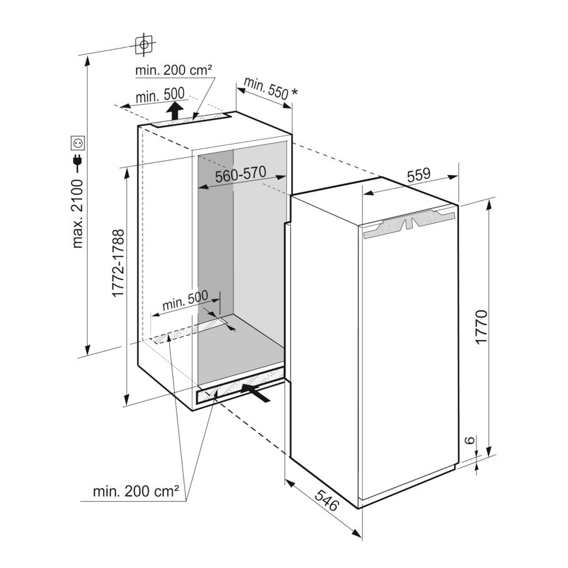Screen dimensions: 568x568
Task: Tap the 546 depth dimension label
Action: click(x=326, y=500)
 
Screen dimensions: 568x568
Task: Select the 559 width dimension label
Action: click(x=418, y=175)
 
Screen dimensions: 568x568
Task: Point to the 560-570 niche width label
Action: click(x=240, y=174)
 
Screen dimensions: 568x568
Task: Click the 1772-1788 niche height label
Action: click(x=118, y=263)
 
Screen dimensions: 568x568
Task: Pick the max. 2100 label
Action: click(x=78, y=213)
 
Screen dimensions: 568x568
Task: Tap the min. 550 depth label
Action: click(x=266, y=88)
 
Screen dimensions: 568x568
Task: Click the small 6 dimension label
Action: click(x=470, y=440)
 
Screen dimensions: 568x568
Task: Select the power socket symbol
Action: click(x=78, y=143)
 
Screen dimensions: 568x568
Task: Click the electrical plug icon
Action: click(x=78, y=163)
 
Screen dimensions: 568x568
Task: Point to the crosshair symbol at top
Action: click(x=144, y=45)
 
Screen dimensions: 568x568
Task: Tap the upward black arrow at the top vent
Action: click(x=175, y=110)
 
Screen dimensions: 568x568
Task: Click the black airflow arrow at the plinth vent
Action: click(x=256, y=393)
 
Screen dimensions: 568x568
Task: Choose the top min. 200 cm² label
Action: click(x=174, y=69)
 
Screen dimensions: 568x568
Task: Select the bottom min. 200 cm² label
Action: click(x=136, y=491)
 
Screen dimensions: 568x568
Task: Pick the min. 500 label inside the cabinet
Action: click(x=185, y=300)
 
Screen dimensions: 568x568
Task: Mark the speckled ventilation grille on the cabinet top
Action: click(x=191, y=120)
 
